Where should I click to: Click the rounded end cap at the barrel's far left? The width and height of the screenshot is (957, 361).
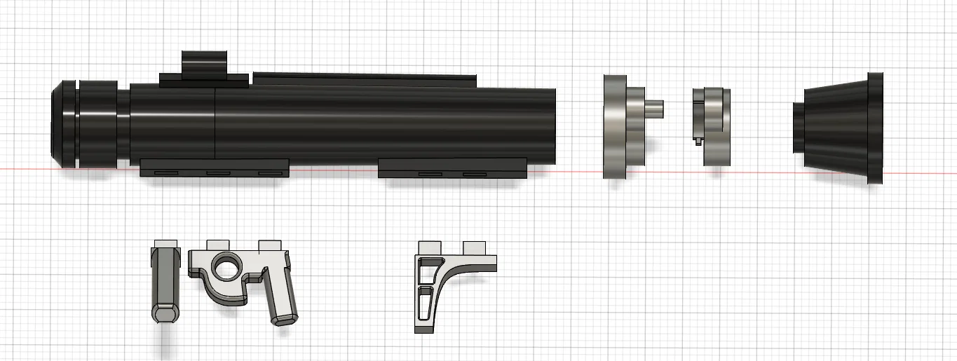pyautogui.click(x=62, y=124)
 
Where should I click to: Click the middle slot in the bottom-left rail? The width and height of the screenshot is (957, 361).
pyautogui.click(x=217, y=172)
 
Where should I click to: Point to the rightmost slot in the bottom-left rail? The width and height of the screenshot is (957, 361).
pyautogui.click(x=269, y=172)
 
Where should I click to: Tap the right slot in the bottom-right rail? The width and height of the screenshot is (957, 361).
pyautogui.click(x=474, y=173)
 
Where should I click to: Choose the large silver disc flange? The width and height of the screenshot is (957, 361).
pyautogui.click(x=614, y=126)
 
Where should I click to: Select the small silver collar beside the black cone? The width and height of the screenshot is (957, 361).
pyautogui.click(x=712, y=126)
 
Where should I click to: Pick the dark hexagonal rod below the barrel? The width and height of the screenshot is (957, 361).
pyautogui.click(x=165, y=284)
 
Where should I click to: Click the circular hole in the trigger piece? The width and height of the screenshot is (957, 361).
pyautogui.click(x=226, y=266)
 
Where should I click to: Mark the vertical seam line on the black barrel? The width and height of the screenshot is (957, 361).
pyautogui.click(x=215, y=123)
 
